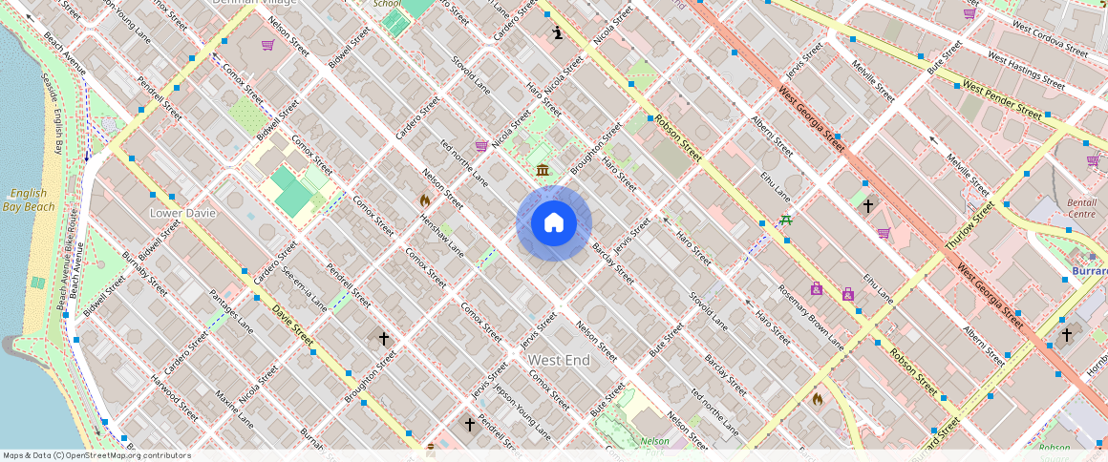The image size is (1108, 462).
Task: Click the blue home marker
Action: pyautogui.click(x=554, y=223)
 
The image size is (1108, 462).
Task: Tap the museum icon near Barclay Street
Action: pyautogui.click(x=543, y=170)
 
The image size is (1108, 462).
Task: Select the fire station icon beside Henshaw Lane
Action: pyautogui.click(x=425, y=200)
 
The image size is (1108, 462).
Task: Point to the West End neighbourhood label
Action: pyautogui.click(x=559, y=360)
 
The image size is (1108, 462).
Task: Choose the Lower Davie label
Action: pyautogui.click(x=182, y=213)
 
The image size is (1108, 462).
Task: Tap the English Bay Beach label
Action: pyautogui.click(x=26, y=199)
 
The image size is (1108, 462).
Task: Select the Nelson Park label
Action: pyautogui.click(x=655, y=441)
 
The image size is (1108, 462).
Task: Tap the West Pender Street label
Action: pyautogui.click(x=1001, y=100)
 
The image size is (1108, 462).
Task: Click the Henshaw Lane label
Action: pyautogui.click(x=441, y=234)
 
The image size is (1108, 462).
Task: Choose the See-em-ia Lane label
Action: pyautogui.click(x=305, y=289)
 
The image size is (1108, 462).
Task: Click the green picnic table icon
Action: pyautogui.click(x=785, y=220)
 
